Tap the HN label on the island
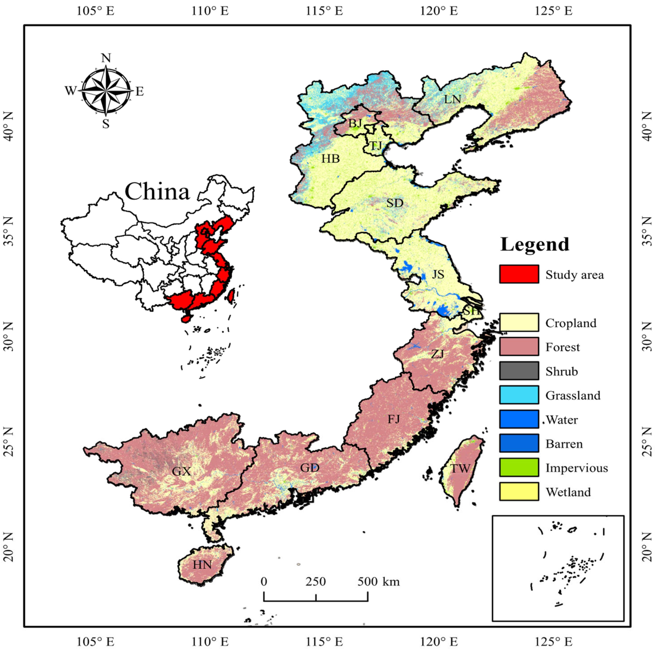tap(202, 565)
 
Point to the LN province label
tap(452, 99)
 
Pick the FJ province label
tap(394, 419)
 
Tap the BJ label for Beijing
tap(355, 123)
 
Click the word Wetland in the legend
tap(568, 492)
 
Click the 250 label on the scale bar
tap(315, 581)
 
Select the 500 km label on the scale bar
tap(379, 581)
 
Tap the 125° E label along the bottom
tap(553, 642)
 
